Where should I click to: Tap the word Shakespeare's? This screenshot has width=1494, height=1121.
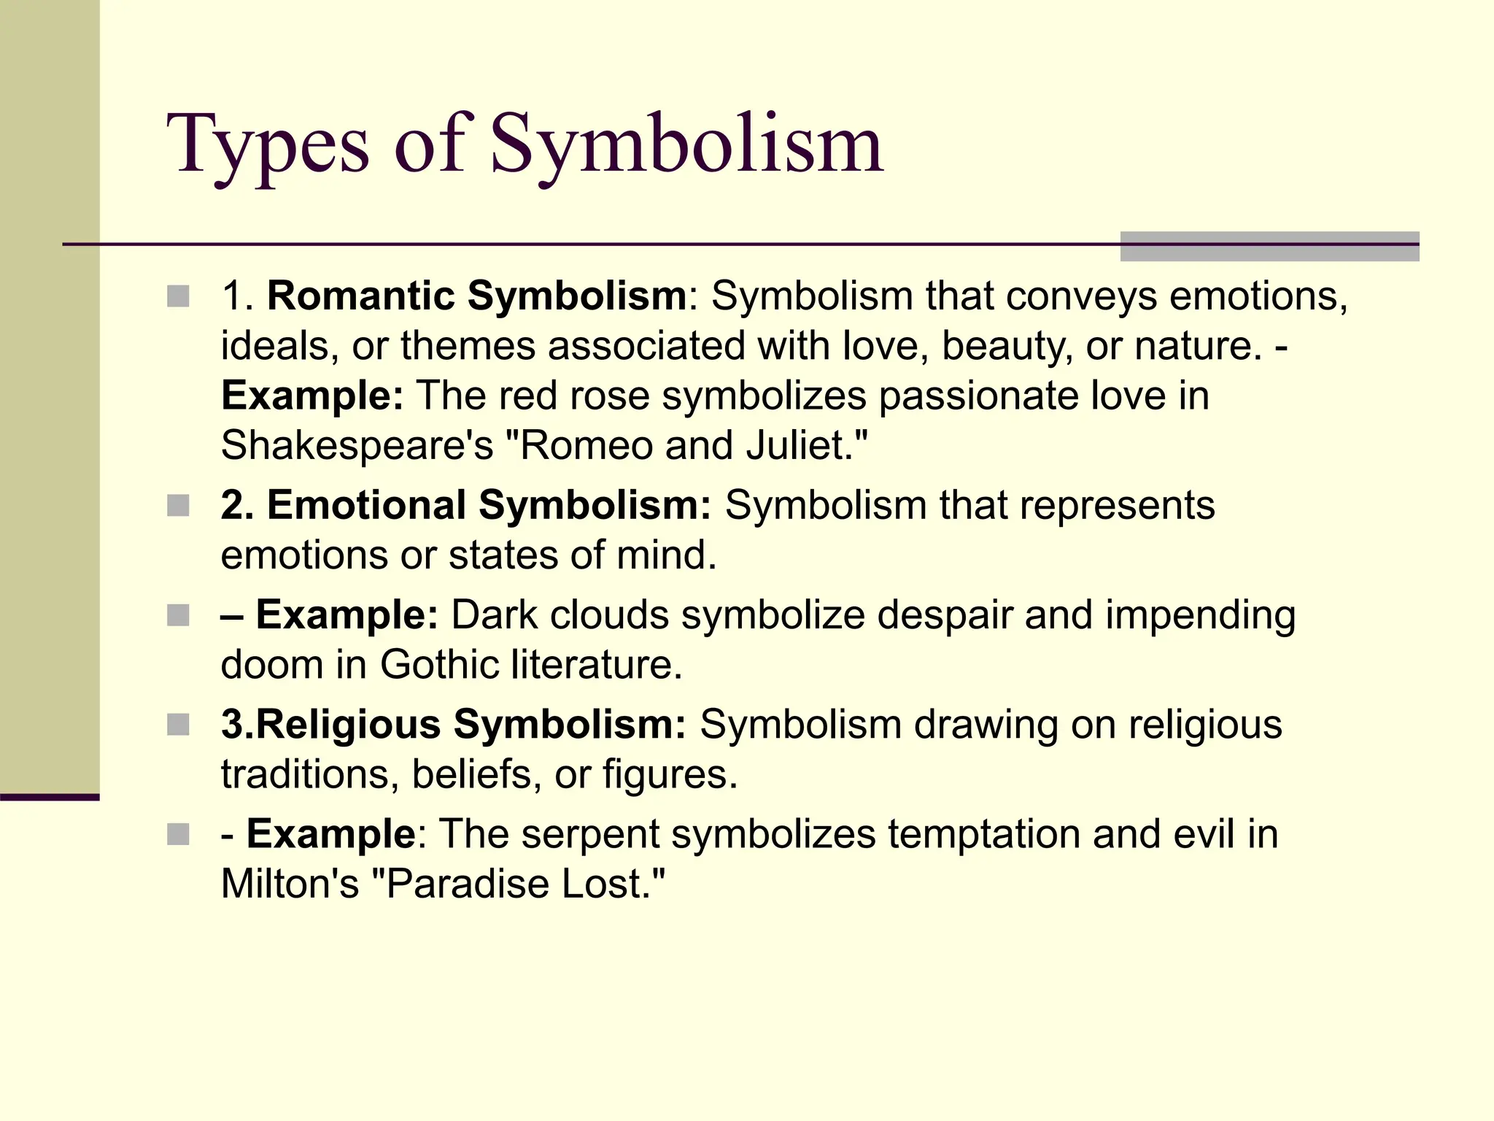click(x=357, y=445)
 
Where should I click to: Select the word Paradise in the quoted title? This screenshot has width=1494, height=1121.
click(x=467, y=884)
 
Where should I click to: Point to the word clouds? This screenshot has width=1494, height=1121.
click(x=609, y=615)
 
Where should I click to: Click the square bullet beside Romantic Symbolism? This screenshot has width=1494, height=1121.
click(x=178, y=296)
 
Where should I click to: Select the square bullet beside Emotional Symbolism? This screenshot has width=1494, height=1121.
click(x=178, y=505)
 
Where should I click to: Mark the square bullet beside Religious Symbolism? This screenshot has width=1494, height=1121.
click(x=178, y=725)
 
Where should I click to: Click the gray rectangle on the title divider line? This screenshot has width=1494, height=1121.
click(x=1269, y=247)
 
